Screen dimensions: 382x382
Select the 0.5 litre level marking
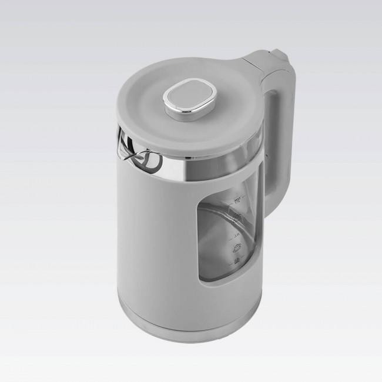click(x=237, y=262)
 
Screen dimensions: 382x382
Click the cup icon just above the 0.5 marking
click(x=237, y=248)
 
